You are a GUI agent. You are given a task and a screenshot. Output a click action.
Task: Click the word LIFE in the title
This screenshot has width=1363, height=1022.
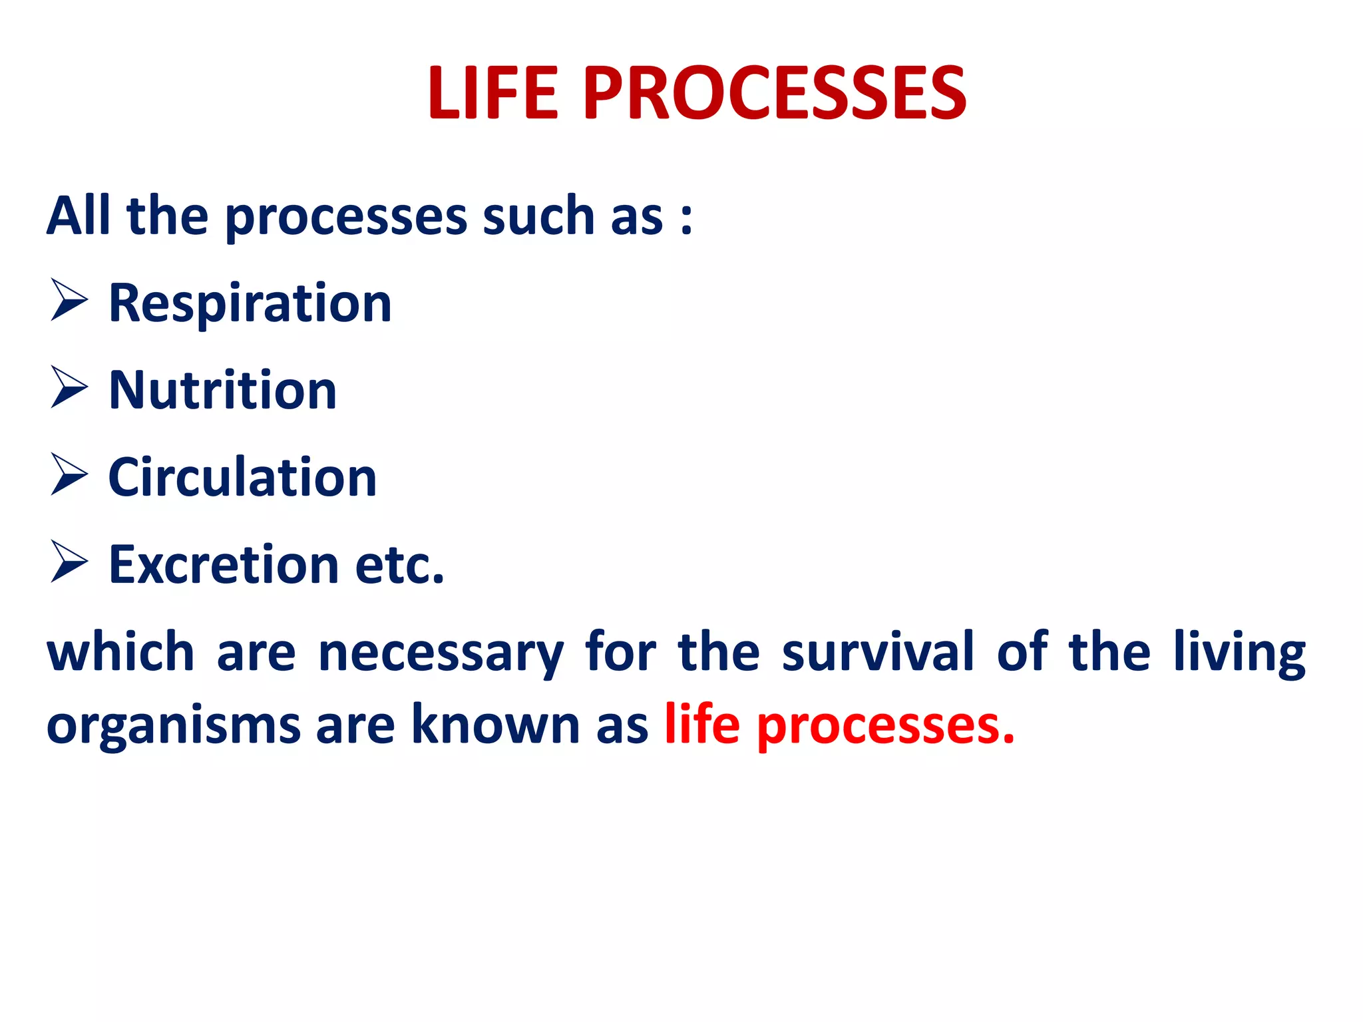tap(492, 94)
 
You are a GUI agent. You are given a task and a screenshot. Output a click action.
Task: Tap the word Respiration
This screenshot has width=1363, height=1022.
tap(250, 304)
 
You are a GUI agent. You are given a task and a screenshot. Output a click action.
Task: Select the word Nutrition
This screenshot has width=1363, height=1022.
tap(222, 391)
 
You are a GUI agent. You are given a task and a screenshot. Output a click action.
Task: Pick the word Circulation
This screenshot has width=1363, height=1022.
tap(242, 478)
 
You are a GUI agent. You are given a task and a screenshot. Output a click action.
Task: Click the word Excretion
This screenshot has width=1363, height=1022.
tap(224, 565)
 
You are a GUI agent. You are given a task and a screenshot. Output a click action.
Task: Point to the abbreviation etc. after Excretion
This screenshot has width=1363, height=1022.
tap(399, 565)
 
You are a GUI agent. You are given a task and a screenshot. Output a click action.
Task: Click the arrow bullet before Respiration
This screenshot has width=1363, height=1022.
tap(69, 301)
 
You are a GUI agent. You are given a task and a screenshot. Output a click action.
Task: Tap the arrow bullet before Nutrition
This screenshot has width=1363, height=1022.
tap(69, 388)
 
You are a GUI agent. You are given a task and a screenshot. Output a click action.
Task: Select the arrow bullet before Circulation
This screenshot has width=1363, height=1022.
tap(69, 475)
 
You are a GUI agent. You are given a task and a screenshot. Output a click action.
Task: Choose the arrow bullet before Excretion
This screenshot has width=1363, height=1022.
tap(69, 562)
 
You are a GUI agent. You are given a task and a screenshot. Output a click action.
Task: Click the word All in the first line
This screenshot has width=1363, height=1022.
tap(78, 216)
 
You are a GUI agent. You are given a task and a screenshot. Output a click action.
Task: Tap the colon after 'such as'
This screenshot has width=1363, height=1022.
tap(686, 218)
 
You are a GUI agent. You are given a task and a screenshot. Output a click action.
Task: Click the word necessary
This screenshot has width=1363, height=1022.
tap(441, 654)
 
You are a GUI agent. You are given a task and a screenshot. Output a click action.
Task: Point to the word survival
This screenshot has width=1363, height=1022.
tap(878, 652)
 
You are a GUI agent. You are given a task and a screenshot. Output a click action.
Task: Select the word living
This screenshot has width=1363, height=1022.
tap(1239, 654)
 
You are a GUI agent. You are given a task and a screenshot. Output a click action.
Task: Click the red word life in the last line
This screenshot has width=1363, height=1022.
tap(702, 724)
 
